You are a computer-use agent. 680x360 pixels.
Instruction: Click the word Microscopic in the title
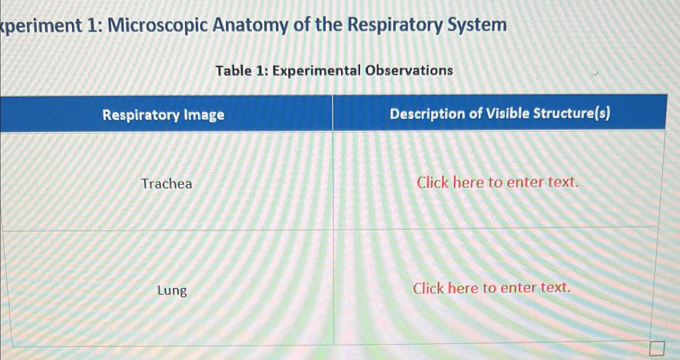(x=158, y=26)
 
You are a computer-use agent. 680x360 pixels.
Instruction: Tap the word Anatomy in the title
(x=250, y=26)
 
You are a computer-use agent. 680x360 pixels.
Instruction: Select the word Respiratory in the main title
(x=395, y=25)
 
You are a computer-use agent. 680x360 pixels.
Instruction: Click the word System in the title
(x=477, y=25)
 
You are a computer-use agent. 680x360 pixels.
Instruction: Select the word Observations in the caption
(x=409, y=70)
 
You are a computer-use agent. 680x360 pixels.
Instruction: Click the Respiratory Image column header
(x=163, y=115)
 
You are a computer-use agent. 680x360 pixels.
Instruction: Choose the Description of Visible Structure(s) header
(x=500, y=114)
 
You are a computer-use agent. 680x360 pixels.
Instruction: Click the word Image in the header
(x=204, y=115)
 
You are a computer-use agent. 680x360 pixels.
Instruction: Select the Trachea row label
(x=166, y=184)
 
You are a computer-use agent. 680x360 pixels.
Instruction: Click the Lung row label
(x=172, y=290)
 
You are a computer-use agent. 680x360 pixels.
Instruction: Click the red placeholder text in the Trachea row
(x=497, y=182)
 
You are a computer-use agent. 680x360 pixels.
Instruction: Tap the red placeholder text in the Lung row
(x=491, y=288)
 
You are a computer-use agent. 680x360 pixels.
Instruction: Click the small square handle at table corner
(x=656, y=348)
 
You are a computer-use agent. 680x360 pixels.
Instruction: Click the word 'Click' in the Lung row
(x=428, y=288)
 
